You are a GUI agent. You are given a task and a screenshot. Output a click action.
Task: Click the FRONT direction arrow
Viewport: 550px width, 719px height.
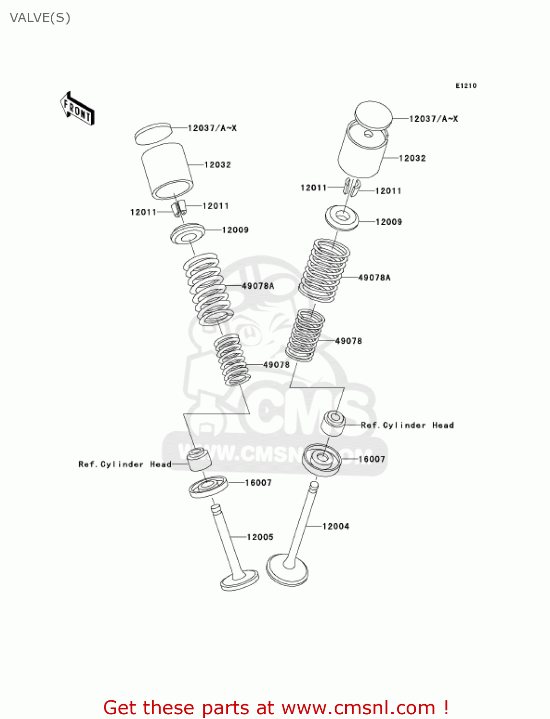click(77, 109)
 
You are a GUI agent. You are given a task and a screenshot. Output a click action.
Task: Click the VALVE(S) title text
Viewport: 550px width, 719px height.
click(40, 18)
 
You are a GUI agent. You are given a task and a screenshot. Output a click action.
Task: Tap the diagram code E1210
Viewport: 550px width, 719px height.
click(466, 86)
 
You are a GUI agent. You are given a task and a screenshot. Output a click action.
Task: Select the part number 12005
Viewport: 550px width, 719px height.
click(260, 537)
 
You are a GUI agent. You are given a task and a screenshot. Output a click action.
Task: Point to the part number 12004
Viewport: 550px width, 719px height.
click(336, 526)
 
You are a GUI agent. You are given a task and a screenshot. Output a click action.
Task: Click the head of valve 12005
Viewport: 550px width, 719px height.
click(239, 580)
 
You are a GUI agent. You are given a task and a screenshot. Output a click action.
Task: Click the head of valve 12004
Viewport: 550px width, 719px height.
click(287, 569)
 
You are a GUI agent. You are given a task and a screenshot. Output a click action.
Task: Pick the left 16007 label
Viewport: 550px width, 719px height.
click(258, 483)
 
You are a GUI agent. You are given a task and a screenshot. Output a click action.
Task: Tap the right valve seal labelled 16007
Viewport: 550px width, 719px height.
click(322, 459)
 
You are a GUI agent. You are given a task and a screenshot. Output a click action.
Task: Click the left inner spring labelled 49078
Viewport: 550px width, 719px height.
click(232, 359)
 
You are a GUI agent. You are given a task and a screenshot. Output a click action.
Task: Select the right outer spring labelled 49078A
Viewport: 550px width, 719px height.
click(324, 271)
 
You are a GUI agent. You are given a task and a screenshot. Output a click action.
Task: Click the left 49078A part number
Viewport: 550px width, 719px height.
click(258, 286)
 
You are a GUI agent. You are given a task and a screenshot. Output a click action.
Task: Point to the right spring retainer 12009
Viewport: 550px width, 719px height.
click(342, 218)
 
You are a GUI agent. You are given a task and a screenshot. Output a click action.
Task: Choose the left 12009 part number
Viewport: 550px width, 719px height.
click(235, 230)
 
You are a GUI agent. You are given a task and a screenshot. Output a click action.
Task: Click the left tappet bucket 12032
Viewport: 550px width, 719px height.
click(167, 171)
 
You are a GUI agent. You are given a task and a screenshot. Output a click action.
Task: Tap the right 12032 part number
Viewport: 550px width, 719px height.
click(412, 158)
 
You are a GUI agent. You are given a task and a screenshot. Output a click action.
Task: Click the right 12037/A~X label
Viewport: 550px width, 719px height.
click(433, 119)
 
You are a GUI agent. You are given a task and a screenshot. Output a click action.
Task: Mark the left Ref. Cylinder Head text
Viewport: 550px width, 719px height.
click(125, 464)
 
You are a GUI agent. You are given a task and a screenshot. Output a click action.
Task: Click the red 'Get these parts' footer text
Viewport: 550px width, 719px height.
click(276, 707)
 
